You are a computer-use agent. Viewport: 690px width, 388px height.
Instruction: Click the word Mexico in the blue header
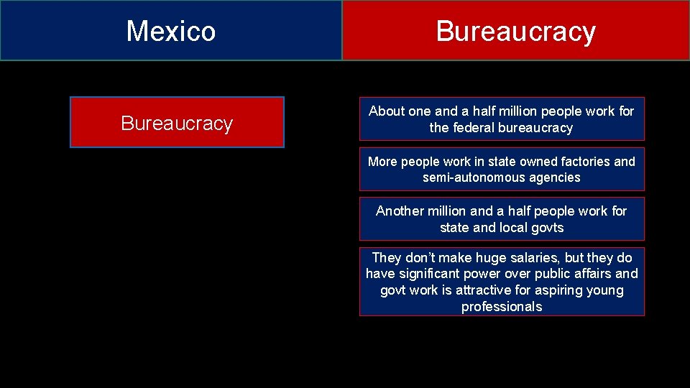tap(171, 31)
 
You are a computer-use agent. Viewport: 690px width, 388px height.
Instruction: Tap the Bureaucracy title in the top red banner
tap(515, 32)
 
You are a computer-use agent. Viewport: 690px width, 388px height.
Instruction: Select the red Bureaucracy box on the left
tap(177, 123)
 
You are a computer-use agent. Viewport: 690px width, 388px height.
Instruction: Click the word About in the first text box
tap(387, 111)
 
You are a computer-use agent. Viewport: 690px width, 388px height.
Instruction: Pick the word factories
tap(584, 162)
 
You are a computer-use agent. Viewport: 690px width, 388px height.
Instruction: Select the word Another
tap(400, 211)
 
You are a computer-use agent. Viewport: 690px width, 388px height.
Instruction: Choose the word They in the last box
tap(386, 257)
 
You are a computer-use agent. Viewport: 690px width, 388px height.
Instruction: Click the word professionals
tap(502, 307)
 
